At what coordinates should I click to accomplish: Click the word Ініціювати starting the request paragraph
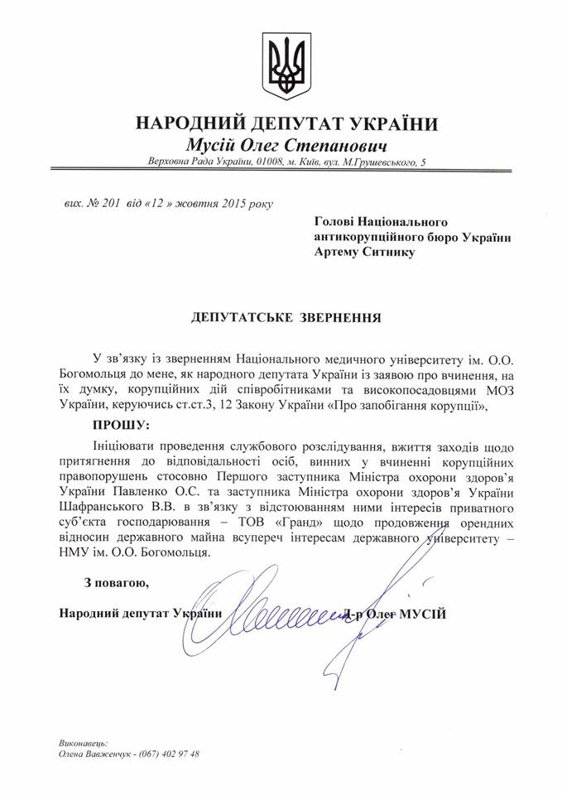tap(124, 446)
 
